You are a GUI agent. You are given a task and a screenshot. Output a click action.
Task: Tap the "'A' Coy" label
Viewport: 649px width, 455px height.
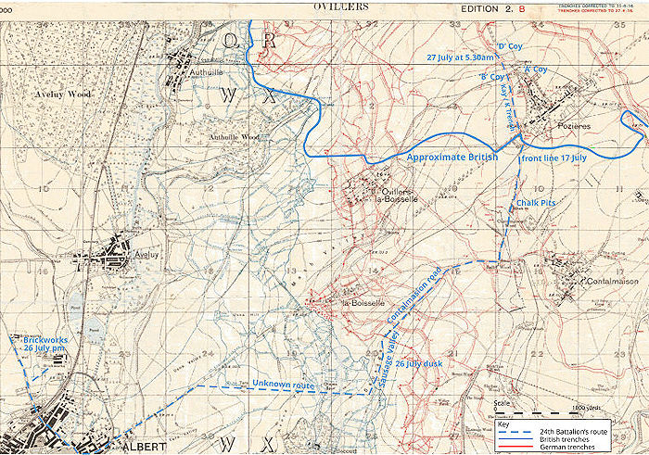pos(535,70)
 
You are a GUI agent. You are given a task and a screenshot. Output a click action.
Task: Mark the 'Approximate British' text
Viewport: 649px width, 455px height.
pos(452,158)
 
